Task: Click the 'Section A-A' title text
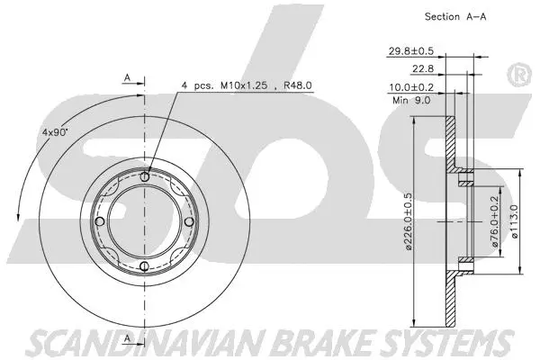point(454,16)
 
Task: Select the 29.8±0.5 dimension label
point(411,51)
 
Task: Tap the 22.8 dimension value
point(423,69)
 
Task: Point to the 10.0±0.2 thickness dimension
point(411,87)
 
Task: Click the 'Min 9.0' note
point(411,100)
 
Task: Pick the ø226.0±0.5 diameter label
point(408,220)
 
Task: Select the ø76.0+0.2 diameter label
point(496,220)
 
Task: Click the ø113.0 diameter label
point(515,220)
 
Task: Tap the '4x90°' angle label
point(55,131)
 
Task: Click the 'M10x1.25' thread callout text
point(244,85)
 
